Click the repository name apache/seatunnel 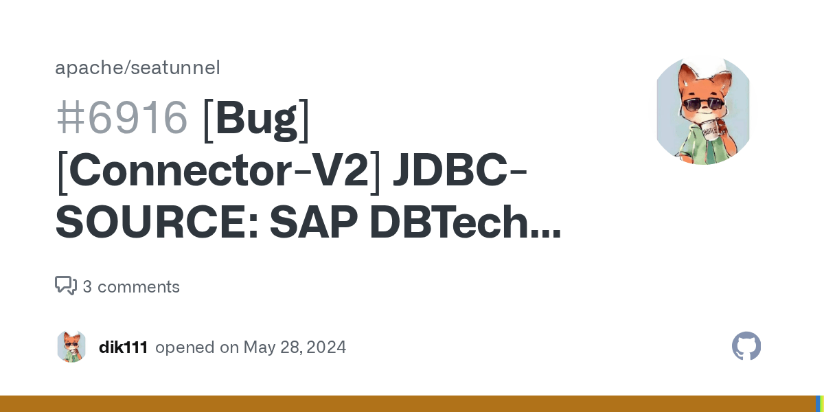click(x=137, y=68)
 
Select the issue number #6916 click(x=122, y=117)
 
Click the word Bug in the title click(x=256, y=117)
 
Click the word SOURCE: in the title click(x=155, y=225)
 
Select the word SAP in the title click(x=313, y=225)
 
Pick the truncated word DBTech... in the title click(x=465, y=225)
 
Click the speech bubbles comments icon click(x=66, y=286)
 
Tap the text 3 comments click(x=131, y=287)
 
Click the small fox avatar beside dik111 click(x=71, y=347)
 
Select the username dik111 click(x=124, y=347)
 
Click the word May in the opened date click(x=259, y=347)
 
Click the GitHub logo click(x=746, y=347)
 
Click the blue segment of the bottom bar click(x=817, y=404)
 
